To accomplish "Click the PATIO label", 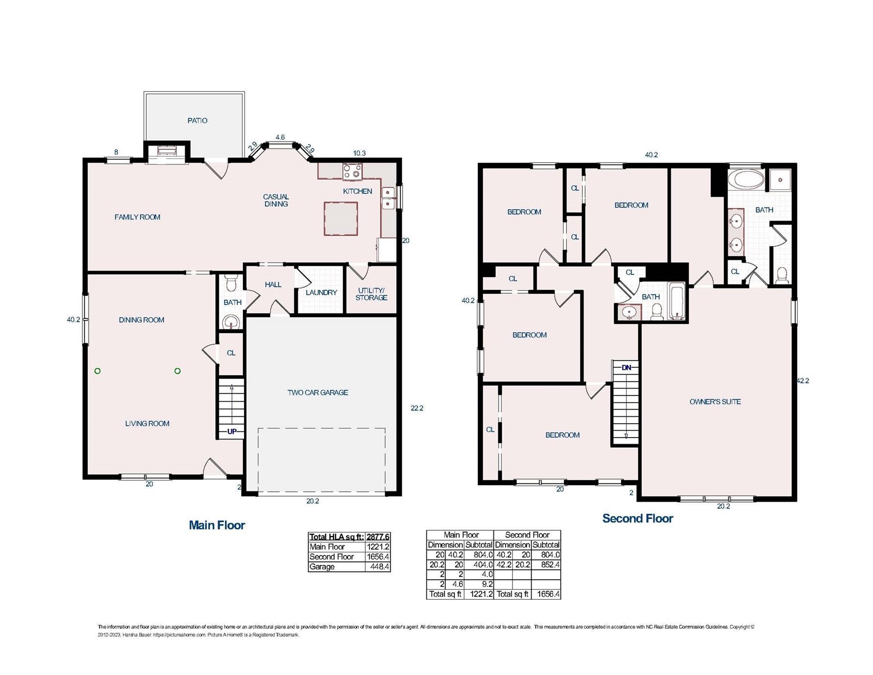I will pyautogui.click(x=197, y=120).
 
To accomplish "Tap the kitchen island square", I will pyautogui.click(x=341, y=218).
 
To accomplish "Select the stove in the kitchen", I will pyautogui.click(x=352, y=171).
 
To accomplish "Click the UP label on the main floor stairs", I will pyautogui.click(x=232, y=432).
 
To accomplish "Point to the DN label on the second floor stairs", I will pyautogui.click(x=626, y=367).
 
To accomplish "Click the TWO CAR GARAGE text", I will pyautogui.click(x=317, y=392).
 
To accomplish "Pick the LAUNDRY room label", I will pyautogui.click(x=321, y=292).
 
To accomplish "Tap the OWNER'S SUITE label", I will pyautogui.click(x=715, y=402).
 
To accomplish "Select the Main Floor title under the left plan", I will pyautogui.click(x=217, y=525).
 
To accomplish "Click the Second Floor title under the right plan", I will pyautogui.click(x=637, y=519).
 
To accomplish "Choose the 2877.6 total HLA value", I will pyautogui.click(x=378, y=537).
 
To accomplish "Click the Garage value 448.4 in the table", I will pyautogui.click(x=379, y=567).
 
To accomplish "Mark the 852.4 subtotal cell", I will pyautogui.click(x=550, y=565).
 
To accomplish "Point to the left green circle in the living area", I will pyautogui.click(x=97, y=371).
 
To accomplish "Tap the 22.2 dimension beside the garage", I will pyautogui.click(x=417, y=408).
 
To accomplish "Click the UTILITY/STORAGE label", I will pyautogui.click(x=371, y=294).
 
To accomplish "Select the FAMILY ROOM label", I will pyautogui.click(x=137, y=217).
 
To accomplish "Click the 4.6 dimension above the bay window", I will pyautogui.click(x=280, y=137).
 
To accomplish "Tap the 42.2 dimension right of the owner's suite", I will pyautogui.click(x=803, y=381).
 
